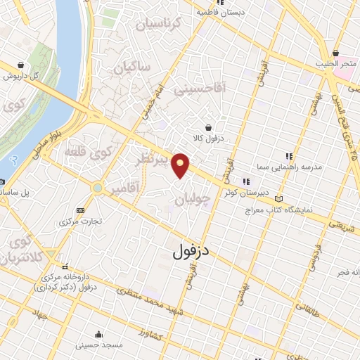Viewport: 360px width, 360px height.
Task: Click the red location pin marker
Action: click(x=181, y=165)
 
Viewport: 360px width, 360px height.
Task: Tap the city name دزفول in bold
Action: click(x=192, y=250)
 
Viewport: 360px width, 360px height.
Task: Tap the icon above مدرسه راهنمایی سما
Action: click(x=288, y=157)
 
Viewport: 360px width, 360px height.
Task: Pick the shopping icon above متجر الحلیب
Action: click(x=336, y=53)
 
